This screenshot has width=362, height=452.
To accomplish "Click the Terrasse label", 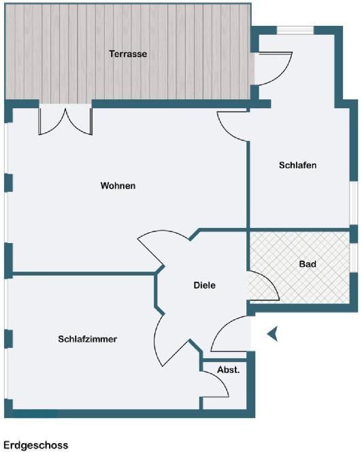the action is pos(128,54).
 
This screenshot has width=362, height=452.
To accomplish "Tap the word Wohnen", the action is pos(118,185).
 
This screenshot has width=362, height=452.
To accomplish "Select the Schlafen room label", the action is pos(298,165).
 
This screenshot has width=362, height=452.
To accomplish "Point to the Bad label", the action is pos(308,263).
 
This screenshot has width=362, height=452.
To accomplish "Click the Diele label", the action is pos(204,285).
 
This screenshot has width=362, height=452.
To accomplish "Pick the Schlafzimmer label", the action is pos(88,339).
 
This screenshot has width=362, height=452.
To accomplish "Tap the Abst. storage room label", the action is pos(228,370).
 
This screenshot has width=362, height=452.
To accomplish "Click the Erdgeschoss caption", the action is pos(36,445).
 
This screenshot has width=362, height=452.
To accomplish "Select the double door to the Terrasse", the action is pos(65,121).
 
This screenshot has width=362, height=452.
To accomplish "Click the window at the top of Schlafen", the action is pos(295,30).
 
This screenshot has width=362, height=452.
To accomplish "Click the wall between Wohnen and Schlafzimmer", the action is pos(84,274).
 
